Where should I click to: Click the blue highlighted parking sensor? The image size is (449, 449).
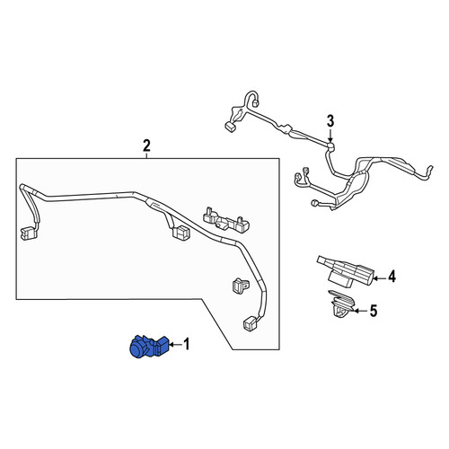coord(149,347)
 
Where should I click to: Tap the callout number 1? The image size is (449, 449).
coord(187,344)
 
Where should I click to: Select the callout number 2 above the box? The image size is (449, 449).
coord(146,146)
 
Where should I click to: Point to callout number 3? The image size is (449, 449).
coord(330,122)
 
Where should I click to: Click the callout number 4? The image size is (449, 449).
coord(392,277)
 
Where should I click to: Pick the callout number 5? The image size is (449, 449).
coord(374,311)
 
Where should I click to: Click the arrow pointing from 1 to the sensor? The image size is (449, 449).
coord(175,345)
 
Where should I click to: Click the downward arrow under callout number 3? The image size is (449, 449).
coord(330,135)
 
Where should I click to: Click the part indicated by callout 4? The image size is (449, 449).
coord(346,271)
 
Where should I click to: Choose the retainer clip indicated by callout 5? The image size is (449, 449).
coord(341,305)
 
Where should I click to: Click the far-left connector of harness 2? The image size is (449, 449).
coord(29,233)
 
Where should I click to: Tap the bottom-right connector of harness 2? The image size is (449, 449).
coord(251,324)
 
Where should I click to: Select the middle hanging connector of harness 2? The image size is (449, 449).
coord(180,232)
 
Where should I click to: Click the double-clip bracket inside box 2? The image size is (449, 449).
coord(226,220)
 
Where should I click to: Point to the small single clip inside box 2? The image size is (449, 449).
coord(240,285)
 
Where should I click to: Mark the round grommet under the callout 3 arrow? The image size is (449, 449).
coord(330,146)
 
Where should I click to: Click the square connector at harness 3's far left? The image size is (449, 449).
coord(230,128)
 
